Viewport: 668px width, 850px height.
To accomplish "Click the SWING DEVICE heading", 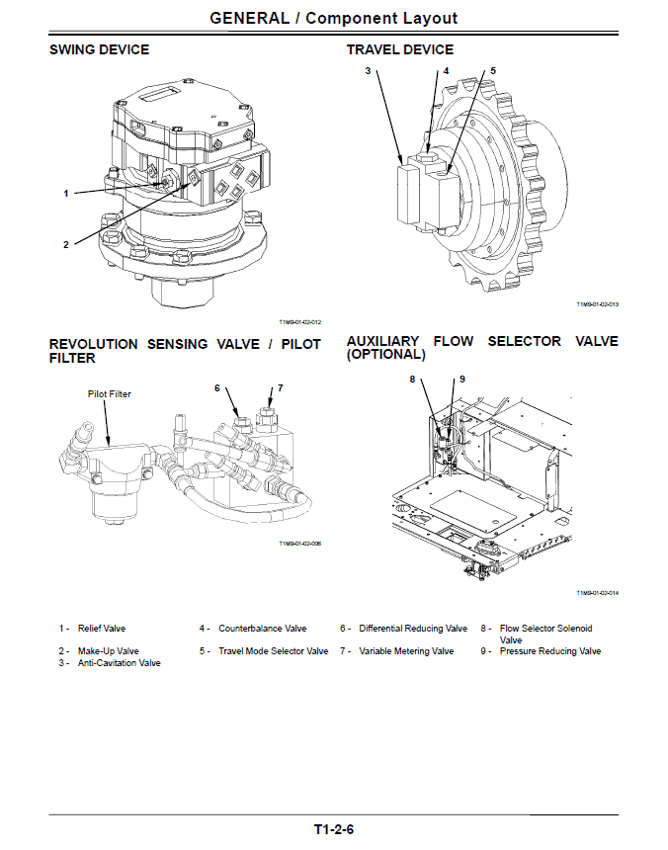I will click(x=100, y=49).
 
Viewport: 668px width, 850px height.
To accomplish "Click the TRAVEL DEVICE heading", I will click(x=400, y=49).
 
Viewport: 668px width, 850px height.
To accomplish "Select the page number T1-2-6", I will click(x=334, y=829).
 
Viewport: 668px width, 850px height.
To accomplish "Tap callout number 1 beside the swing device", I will click(x=66, y=193).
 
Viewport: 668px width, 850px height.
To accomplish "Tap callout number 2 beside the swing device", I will click(x=66, y=244).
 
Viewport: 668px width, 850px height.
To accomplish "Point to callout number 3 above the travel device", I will click(x=368, y=71).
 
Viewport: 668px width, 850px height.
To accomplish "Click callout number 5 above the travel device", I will click(x=493, y=71).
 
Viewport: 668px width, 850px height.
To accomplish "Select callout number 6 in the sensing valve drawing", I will click(x=217, y=388).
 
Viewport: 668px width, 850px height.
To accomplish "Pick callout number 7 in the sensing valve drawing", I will click(x=280, y=388).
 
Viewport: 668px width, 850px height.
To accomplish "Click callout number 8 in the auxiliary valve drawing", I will click(x=413, y=379).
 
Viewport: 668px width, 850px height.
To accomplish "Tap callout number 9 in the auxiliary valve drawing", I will click(x=461, y=379).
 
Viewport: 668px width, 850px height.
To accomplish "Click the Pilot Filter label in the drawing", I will click(x=109, y=394).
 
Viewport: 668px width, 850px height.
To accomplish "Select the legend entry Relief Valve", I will click(x=102, y=629).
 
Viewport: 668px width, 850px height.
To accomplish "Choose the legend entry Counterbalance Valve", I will click(x=262, y=629).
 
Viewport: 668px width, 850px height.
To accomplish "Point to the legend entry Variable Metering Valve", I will click(x=406, y=651).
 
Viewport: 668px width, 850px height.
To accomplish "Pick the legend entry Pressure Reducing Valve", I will click(x=549, y=651).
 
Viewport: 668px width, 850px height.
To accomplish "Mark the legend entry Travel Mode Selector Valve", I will click(x=273, y=651).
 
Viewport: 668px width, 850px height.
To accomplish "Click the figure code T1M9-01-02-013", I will click(x=597, y=304).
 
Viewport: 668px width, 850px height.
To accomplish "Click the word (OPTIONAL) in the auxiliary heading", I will click(x=385, y=354).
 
